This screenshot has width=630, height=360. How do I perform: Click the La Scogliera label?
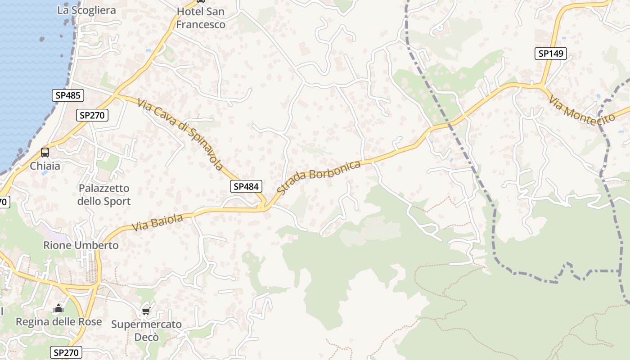click(86, 10)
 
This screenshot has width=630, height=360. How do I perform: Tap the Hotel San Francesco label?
click(201, 18)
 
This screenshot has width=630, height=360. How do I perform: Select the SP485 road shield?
click(67, 95)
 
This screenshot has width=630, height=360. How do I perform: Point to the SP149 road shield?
click(550, 54)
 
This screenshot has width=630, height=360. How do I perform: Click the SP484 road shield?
click(246, 186)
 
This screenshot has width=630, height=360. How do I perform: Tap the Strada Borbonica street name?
click(319, 177)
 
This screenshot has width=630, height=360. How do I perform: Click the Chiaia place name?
click(45, 166)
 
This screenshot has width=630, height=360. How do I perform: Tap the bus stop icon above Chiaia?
click(45, 153)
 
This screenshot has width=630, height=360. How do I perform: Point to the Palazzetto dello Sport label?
click(104, 195)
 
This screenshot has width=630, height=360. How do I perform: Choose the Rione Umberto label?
click(81, 245)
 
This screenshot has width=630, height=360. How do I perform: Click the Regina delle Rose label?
click(59, 322)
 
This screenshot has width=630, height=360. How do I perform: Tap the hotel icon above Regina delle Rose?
click(58, 309)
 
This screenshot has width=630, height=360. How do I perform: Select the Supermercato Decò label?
click(147, 330)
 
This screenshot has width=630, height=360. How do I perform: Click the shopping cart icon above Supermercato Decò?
click(146, 311)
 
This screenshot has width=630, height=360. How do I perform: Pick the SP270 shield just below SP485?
click(92, 115)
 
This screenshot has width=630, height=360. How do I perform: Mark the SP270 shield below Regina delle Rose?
click(66, 352)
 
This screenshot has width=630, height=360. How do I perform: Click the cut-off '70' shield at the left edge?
click(4, 202)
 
